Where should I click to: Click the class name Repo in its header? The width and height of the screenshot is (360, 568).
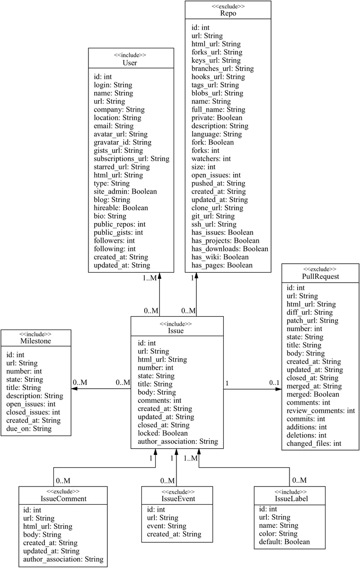tap(228, 14)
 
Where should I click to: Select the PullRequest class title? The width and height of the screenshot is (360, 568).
tap(320, 276)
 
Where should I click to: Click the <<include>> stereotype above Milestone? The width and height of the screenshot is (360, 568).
tap(36, 333)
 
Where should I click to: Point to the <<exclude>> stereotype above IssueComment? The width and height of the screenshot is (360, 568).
tap(63, 491)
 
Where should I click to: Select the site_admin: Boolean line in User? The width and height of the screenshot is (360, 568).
tap(125, 192)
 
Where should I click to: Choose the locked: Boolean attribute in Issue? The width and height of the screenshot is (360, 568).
tap(163, 433)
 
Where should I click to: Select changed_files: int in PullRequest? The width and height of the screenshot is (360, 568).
tap(314, 444)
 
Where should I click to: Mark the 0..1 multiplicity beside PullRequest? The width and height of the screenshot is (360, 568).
tap(274, 382)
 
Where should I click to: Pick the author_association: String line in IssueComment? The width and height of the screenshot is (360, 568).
tap(63, 559)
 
